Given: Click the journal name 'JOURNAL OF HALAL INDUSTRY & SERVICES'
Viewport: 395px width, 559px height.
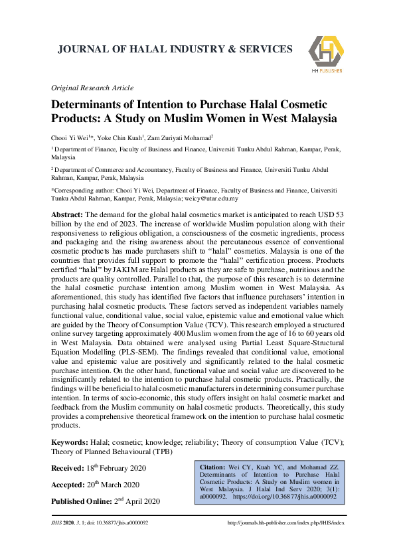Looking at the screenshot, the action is [175, 50].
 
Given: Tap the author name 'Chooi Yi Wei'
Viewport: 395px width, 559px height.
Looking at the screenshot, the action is [70, 137].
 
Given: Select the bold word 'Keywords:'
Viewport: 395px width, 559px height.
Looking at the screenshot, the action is [70, 441].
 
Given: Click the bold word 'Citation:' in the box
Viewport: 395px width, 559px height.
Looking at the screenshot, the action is [214, 467].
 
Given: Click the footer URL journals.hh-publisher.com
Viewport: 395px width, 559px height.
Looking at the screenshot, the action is [286, 523].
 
